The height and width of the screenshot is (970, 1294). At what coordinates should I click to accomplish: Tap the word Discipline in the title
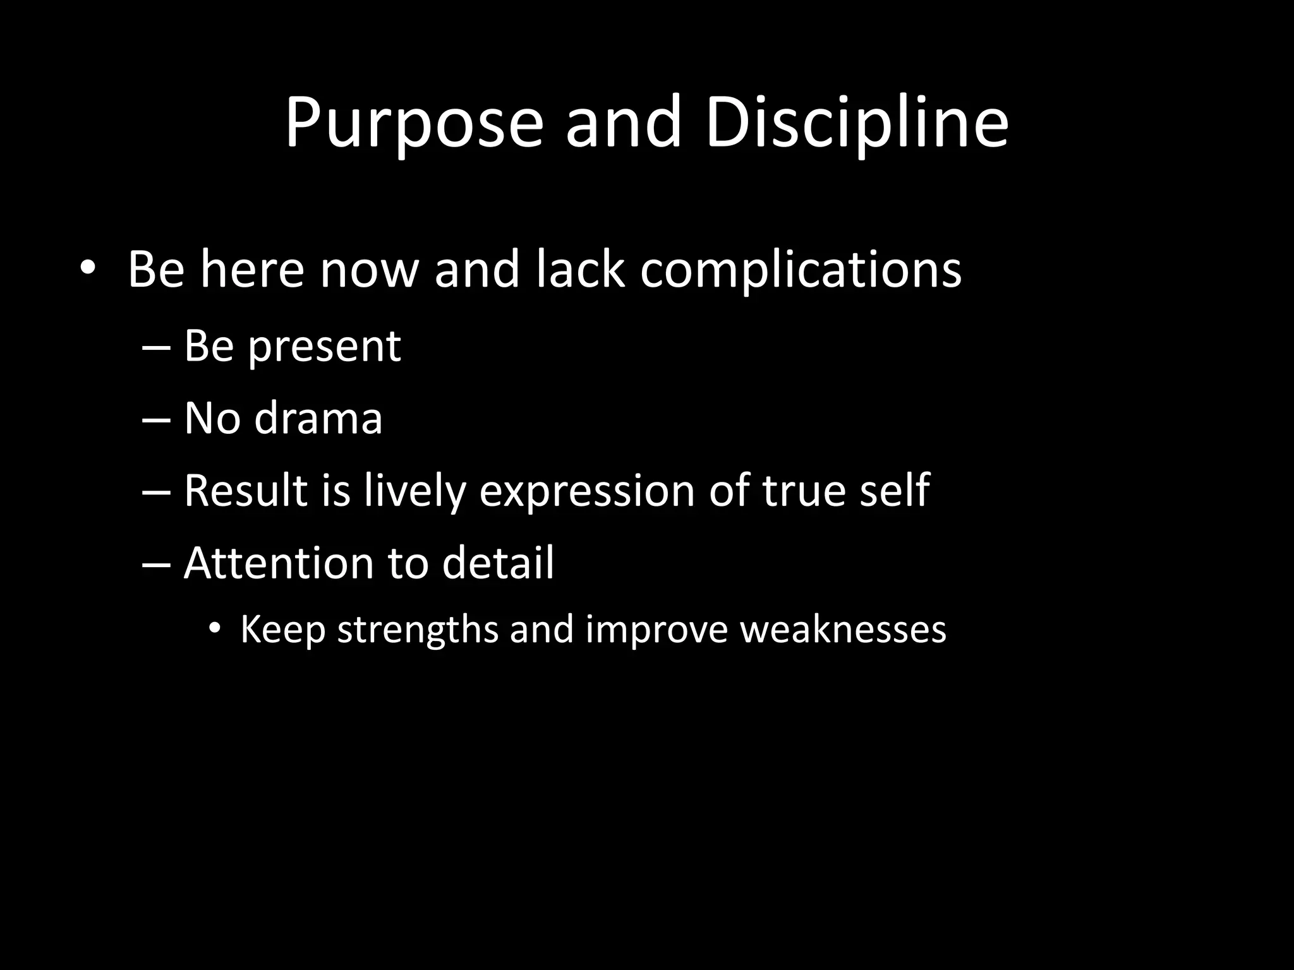coord(856,123)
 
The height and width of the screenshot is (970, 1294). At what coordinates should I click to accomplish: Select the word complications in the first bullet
coord(801,270)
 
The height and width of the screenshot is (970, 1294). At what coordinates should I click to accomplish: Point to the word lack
coord(581,270)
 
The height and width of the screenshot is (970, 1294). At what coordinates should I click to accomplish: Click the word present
coord(324,347)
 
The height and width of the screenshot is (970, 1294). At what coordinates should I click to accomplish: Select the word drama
coord(318,419)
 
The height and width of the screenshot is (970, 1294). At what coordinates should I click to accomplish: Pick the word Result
coord(245,491)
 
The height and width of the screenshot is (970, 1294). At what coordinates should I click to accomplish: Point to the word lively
coord(414,492)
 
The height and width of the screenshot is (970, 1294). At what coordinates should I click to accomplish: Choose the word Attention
coord(279,563)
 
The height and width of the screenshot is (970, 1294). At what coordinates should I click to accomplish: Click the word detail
coord(497,563)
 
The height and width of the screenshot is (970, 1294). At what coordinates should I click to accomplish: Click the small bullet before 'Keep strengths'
coord(215,629)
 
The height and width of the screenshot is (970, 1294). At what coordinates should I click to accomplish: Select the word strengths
coord(418,630)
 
